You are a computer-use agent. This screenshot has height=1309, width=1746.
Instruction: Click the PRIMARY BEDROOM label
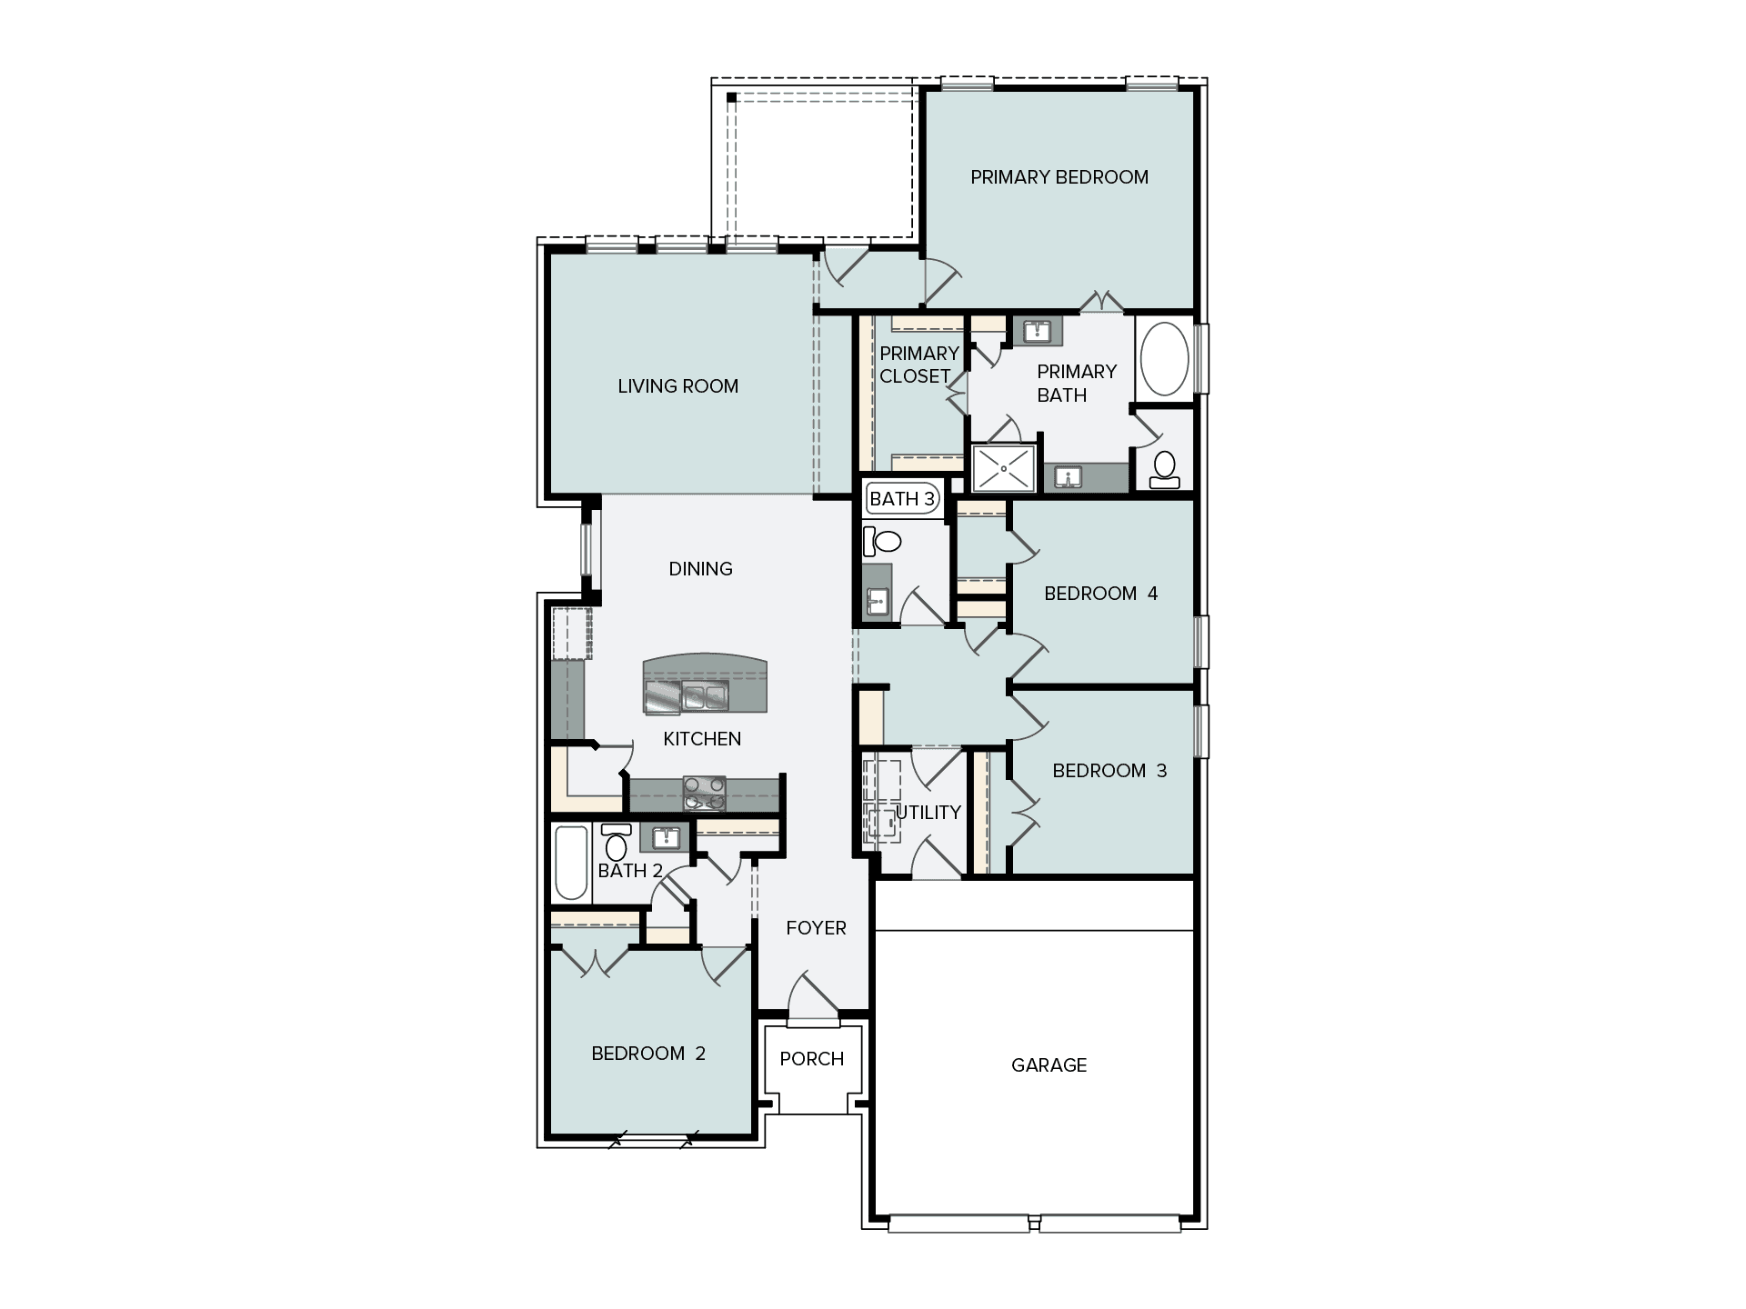(1059, 177)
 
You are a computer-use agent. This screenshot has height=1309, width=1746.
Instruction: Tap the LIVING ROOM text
(677, 386)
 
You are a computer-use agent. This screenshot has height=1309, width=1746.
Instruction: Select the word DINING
(700, 569)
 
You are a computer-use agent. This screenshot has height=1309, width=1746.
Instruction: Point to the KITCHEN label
(702, 739)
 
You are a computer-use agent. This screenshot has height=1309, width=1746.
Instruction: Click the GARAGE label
(1049, 1065)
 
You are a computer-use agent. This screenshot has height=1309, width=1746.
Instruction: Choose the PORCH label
(812, 1059)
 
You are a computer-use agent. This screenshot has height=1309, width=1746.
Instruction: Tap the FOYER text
(816, 928)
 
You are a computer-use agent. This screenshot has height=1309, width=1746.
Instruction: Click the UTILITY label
(928, 813)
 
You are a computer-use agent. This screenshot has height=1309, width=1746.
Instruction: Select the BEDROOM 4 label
(1100, 594)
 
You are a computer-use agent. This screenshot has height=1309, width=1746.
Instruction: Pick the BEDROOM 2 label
(648, 1054)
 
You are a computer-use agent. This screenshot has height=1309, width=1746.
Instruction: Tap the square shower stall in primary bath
(1004, 468)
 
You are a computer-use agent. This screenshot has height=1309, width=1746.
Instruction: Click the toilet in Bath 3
(881, 542)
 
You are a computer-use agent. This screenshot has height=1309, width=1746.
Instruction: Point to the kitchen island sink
(706, 697)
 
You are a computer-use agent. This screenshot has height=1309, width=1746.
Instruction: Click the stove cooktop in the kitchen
(704, 794)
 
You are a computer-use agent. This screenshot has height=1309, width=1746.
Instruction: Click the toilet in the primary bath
(1164, 469)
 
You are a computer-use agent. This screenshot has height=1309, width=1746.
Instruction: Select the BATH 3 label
(902, 499)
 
